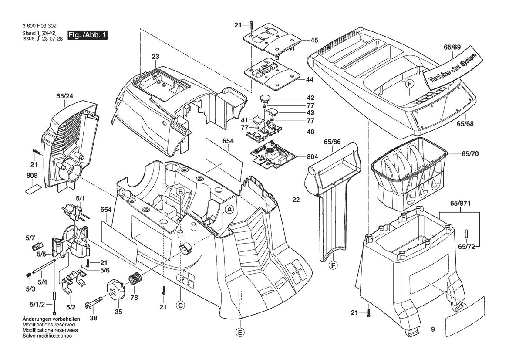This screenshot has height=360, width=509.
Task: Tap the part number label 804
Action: tap(313, 156)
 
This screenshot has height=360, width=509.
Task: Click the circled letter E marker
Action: tap(239, 333)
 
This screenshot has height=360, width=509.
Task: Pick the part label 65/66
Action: tap(333, 142)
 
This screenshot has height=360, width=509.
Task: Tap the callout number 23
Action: tap(155, 56)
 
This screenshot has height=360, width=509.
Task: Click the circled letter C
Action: tap(179, 305)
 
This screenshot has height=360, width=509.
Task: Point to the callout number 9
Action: tap(433, 330)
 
